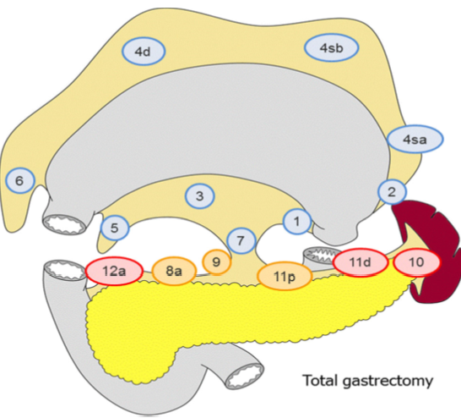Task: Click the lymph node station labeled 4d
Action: tap(144, 52)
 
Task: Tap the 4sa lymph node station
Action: tap(415, 139)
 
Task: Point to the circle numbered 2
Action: tap(391, 192)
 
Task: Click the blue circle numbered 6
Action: tap(19, 180)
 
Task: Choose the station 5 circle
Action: tap(115, 228)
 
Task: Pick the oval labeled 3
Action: tap(200, 196)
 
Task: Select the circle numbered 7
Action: tap(241, 240)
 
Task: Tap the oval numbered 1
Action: tap(296, 222)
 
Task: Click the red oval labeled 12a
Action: tap(110, 271)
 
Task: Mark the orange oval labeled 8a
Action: tap(174, 272)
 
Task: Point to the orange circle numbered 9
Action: tap(216, 261)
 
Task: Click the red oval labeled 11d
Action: tap(361, 263)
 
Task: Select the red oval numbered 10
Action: tap(415, 263)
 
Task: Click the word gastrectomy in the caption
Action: tap(388, 381)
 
